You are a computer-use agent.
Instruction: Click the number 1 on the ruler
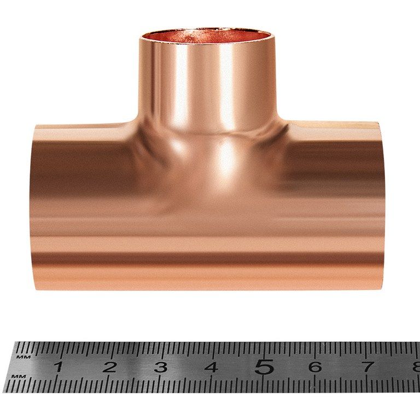tap(59, 366)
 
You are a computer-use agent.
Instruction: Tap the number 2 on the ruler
tap(109, 367)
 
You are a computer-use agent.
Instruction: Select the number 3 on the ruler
tap(161, 367)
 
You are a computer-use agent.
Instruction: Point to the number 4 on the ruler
tap(211, 367)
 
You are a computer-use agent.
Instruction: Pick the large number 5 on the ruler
tap(264, 366)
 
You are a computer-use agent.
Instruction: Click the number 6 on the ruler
tap(315, 367)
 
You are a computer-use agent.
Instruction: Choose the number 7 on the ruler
tap(367, 366)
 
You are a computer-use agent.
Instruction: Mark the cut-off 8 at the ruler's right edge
tap(416, 366)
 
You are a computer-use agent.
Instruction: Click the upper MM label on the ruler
tap(24, 357)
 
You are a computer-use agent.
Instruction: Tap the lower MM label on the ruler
tap(19, 376)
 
